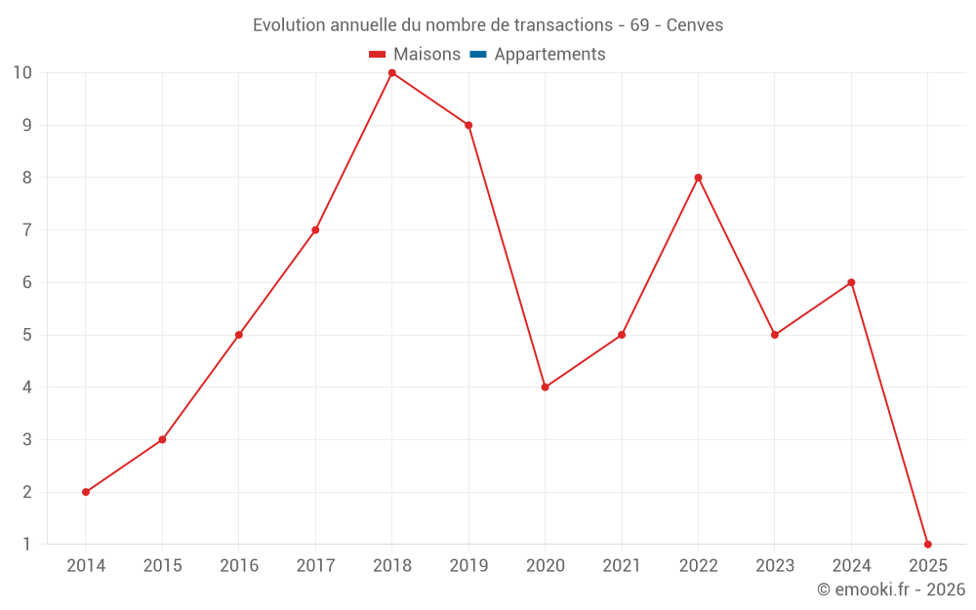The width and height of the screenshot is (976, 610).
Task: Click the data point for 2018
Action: [392, 73]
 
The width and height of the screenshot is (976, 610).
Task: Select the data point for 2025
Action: [927, 545]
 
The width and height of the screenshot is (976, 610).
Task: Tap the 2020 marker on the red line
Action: [545, 387]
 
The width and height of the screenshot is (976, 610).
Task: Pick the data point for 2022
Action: [698, 178]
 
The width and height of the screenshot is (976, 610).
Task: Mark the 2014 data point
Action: [86, 492]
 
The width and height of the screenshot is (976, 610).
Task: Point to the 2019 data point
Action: [468, 125]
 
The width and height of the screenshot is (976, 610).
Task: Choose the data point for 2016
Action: [239, 335]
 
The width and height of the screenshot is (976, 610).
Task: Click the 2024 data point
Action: [851, 283]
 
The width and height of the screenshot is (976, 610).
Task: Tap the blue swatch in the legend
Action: [478, 55]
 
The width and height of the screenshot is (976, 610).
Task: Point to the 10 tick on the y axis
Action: [22, 73]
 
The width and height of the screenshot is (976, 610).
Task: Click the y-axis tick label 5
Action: [27, 335]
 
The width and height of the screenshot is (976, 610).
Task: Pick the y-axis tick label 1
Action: [27, 545]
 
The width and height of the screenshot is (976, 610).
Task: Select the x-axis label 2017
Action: [315, 566]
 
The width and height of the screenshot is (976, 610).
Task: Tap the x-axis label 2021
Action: [622, 566]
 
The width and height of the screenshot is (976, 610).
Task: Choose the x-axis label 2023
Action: [775, 566]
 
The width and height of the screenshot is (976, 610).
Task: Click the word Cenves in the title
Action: [694, 25]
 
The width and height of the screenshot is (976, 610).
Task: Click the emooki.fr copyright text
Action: [890, 590]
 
